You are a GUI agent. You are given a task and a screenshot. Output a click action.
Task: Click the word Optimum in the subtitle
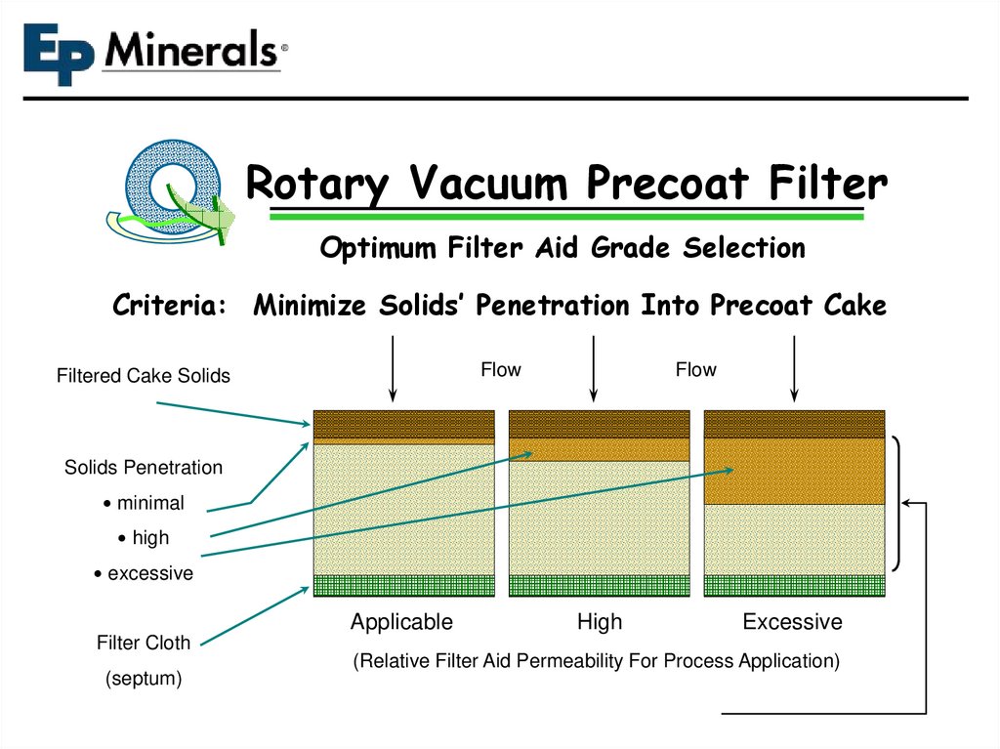click(380, 249)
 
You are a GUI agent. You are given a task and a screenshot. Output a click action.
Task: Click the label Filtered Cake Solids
click(144, 376)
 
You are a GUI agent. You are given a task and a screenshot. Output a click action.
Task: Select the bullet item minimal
click(149, 503)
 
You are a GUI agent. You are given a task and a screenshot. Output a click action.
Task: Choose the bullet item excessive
click(149, 573)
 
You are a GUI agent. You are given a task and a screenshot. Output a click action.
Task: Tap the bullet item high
click(149, 538)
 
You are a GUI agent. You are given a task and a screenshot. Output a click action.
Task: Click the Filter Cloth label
click(144, 643)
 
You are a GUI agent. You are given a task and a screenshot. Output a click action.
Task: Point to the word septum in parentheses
click(144, 679)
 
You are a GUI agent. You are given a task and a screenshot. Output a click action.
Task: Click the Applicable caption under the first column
click(401, 622)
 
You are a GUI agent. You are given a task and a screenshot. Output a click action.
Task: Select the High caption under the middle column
click(599, 622)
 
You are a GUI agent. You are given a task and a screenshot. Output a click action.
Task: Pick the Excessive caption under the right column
click(792, 622)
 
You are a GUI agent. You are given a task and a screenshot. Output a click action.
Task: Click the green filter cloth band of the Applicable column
click(403, 585)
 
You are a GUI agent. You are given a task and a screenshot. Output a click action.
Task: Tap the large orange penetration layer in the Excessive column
click(794, 471)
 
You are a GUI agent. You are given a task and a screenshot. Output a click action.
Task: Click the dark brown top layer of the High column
click(599, 424)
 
